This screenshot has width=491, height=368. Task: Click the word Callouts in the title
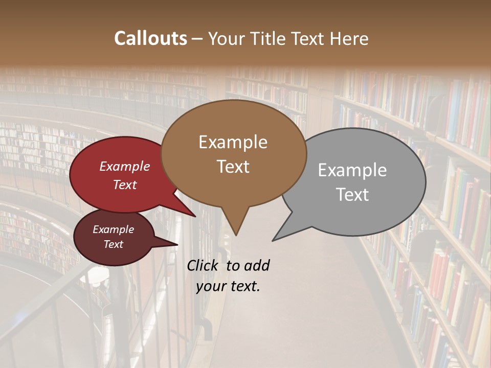pyautogui.click(x=150, y=39)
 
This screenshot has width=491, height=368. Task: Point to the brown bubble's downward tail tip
pyautogui.click(x=236, y=235)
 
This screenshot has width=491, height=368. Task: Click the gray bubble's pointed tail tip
pyautogui.click(x=273, y=240)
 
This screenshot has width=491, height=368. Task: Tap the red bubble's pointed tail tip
pyautogui.click(x=195, y=217)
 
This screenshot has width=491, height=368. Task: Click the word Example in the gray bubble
pyautogui.click(x=352, y=170)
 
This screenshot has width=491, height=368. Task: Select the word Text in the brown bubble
pyautogui.click(x=233, y=167)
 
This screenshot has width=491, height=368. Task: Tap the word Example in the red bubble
pyautogui.click(x=124, y=166)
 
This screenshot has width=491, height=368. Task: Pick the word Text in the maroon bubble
pyautogui.click(x=113, y=244)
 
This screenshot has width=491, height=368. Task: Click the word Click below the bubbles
pyautogui.click(x=202, y=265)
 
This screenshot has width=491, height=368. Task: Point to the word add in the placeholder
pyautogui.click(x=256, y=265)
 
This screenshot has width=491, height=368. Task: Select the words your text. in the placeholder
pyautogui.click(x=228, y=286)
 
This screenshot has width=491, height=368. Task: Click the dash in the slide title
pyautogui.click(x=197, y=39)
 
